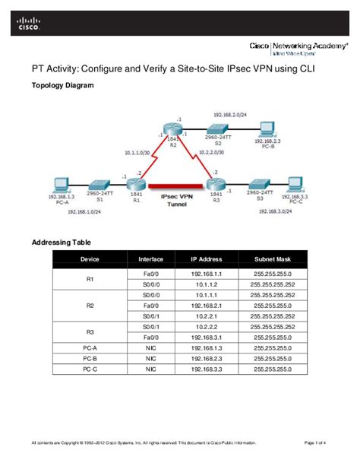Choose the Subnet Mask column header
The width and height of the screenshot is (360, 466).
(271, 259)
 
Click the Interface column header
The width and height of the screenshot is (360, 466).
(151, 259)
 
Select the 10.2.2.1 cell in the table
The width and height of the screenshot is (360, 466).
(206, 315)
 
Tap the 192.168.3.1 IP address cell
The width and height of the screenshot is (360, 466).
(206, 336)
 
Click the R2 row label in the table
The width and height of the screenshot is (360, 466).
(90, 304)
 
